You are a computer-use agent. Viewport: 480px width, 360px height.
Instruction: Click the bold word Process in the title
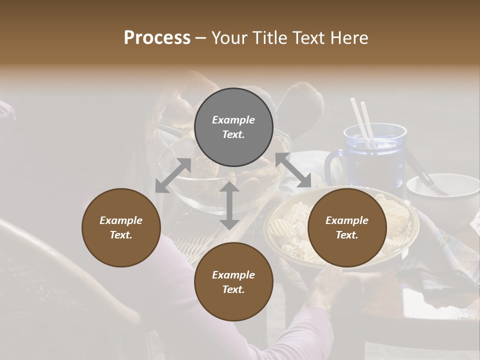click(x=157, y=37)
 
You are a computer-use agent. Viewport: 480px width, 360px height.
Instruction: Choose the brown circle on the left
click(x=121, y=227)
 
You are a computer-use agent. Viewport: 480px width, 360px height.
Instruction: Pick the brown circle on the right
click(x=347, y=227)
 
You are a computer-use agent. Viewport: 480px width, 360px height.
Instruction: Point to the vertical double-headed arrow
click(x=229, y=205)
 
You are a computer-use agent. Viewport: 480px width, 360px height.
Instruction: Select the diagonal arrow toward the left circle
click(x=173, y=175)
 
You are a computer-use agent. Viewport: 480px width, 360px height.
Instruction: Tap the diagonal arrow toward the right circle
click(x=293, y=170)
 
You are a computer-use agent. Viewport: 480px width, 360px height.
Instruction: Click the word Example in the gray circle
click(x=233, y=120)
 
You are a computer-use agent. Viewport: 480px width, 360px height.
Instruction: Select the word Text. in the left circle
click(x=121, y=235)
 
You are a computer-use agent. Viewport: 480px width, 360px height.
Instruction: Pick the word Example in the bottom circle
click(x=233, y=275)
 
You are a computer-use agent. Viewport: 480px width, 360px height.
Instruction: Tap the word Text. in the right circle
click(x=347, y=235)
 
